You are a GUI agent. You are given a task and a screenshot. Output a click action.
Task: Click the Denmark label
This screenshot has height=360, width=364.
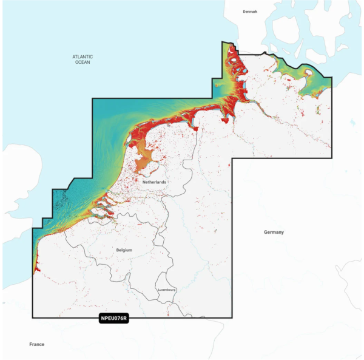pos(250,12)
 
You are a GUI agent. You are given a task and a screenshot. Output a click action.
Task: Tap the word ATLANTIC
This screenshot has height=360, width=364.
pos(83,56)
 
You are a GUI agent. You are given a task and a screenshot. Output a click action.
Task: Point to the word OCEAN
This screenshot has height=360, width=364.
pos(83,63)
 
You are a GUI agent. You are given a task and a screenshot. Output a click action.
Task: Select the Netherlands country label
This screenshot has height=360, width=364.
pos(154,182)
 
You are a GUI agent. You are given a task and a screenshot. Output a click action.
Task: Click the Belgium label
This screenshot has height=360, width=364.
pos(124,250)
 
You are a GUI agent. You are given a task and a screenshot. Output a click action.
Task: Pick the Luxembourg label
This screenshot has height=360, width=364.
pos(166,290)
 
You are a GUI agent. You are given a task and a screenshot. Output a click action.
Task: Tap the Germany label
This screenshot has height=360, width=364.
pos(274,233)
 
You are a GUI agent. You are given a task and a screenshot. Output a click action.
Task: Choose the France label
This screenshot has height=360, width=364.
pos(36,344)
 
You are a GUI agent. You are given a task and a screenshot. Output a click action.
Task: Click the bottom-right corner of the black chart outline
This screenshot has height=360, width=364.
pos(232,318)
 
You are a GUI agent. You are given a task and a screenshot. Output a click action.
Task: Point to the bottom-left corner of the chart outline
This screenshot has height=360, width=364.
pos(33,318)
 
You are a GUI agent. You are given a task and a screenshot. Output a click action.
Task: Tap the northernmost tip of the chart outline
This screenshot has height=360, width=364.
pos(223,42)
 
